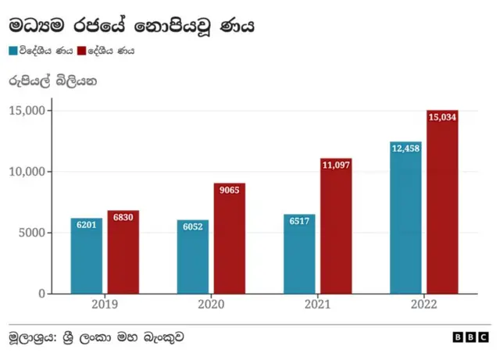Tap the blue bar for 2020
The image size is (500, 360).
[192, 257]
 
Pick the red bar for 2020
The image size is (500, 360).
[229, 239]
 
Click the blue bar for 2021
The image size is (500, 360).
[299, 255]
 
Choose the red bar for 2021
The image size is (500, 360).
[336, 226]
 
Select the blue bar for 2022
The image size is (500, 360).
[405, 218]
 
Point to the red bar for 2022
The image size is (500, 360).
[442, 202]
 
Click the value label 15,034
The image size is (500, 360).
[442, 117]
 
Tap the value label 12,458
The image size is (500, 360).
[405, 148]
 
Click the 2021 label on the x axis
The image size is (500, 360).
[317, 305]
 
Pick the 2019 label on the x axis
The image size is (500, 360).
[105, 305]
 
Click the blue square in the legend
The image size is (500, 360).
[13, 51]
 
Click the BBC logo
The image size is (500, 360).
[470, 337]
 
